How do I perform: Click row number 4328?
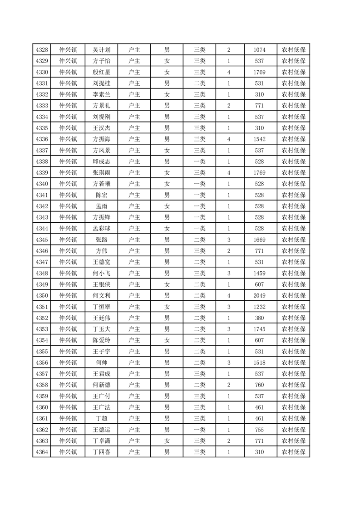click(41, 49)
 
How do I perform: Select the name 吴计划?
click(102, 49)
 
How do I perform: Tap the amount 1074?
click(260, 49)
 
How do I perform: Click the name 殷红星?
click(102, 72)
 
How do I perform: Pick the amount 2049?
click(260, 295)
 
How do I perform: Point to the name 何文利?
click(102, 295)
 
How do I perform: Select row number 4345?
click(41, 240)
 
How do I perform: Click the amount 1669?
click(260, 240)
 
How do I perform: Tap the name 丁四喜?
click(102, 452)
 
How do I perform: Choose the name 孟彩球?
click(102, 229)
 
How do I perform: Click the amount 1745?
click(260, 329)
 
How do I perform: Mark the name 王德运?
click(102, 430)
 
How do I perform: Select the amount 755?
click(260, 430)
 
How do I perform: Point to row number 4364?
click(41, 452)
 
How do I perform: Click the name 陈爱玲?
click(102, 340)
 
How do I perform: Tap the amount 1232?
click(260, 307)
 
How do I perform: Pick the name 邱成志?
click(102, 162)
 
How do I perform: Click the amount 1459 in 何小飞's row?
click(260, 273)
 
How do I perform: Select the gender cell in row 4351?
click(167, 307)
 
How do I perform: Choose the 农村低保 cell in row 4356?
click(294, 362)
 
